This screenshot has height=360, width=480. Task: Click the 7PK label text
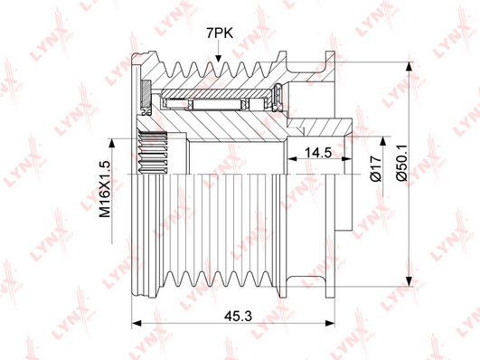click(x=220, y=33)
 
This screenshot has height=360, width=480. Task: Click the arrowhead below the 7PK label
click(x=218, y=58)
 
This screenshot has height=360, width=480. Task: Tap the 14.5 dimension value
click(x=318, y=152)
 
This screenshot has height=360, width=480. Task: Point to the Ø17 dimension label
click(x=376, y=168)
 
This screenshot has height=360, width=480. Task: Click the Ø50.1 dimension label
click(x=402, y=163)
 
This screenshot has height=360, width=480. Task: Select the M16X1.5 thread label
click(x=105, y=189)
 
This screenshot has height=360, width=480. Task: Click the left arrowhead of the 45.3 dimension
click(x=136, y=323)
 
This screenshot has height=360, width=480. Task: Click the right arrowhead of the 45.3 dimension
click(x=330, y=323)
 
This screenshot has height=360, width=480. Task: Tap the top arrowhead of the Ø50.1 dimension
click(x=409, y=67)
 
